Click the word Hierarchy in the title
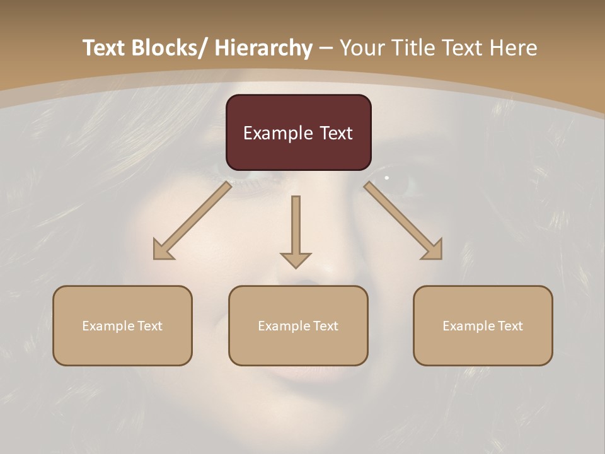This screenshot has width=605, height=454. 263,48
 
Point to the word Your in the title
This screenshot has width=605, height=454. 360,48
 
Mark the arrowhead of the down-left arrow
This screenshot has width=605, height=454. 163,250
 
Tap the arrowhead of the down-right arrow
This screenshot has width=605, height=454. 433,250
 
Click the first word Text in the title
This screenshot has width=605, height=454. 104,48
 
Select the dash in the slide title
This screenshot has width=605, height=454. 326,48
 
